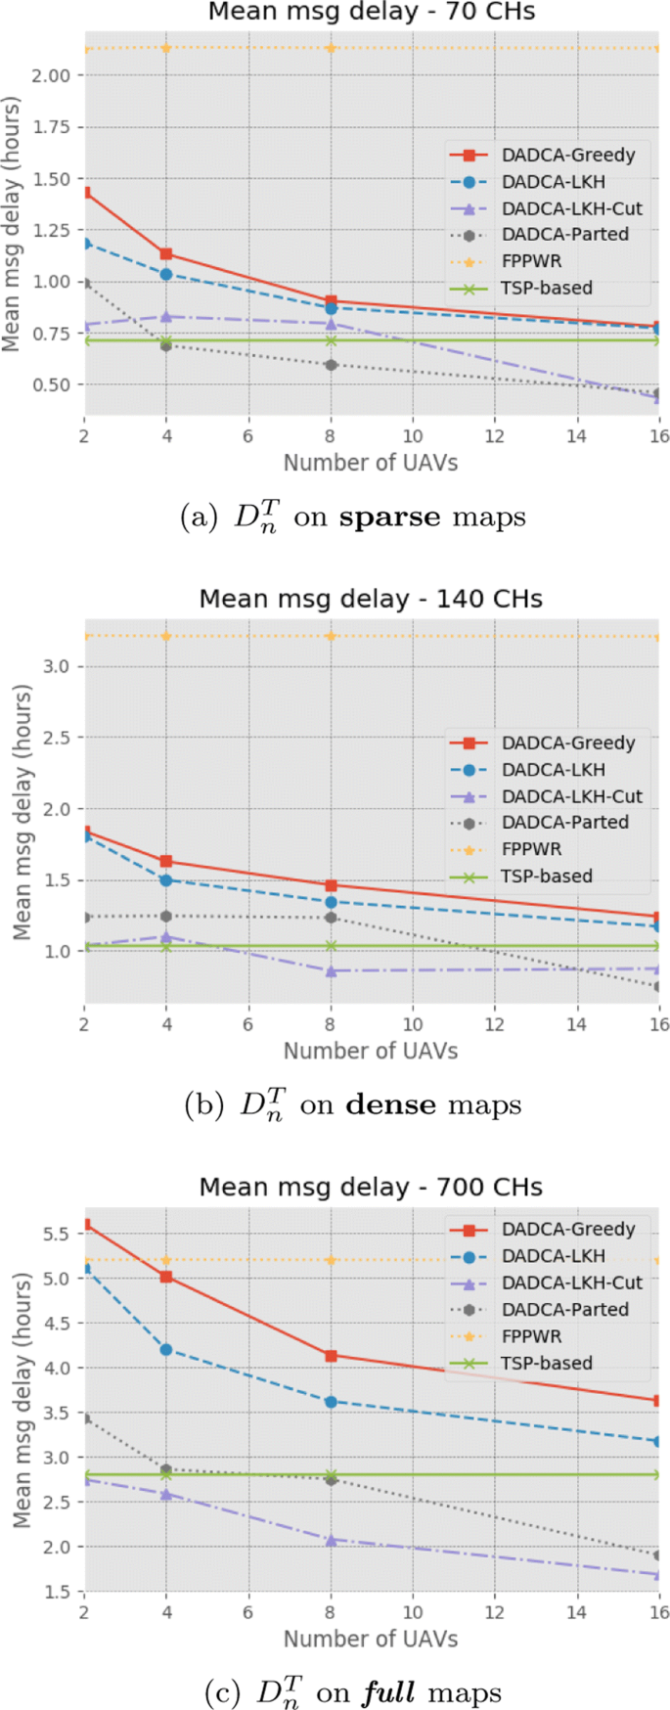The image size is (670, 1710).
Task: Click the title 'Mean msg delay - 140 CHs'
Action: click(x=371, y=599)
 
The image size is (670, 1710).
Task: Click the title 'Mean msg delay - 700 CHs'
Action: click(x=371, y=1187)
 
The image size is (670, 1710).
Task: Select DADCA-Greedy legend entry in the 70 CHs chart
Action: click(x=568, y=155)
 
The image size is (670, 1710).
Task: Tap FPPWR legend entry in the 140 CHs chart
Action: click(x=532, y=849)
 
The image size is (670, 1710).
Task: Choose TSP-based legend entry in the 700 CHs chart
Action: click(x=547, y=1363)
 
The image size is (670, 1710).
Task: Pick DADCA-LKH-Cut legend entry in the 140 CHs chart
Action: click(x=572, y=796)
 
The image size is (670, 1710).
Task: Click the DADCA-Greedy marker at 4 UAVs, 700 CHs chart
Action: click(x=166, y=1277)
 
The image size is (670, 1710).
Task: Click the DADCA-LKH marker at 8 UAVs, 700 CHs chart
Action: click(x=331, y=1402)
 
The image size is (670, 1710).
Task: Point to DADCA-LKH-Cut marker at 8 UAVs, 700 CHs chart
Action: click(x=331, y=1540)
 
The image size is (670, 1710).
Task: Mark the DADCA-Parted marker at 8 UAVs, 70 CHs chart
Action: click(x=331, y=365)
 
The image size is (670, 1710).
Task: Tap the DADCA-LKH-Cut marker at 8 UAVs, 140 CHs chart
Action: click(x=331, y=971)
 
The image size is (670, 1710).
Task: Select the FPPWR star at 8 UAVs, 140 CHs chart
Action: click(x=331, y=636)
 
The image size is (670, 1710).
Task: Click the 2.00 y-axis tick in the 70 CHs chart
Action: click(x=56, y=75)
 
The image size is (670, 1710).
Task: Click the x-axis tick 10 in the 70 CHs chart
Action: click(x=412, y=436)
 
